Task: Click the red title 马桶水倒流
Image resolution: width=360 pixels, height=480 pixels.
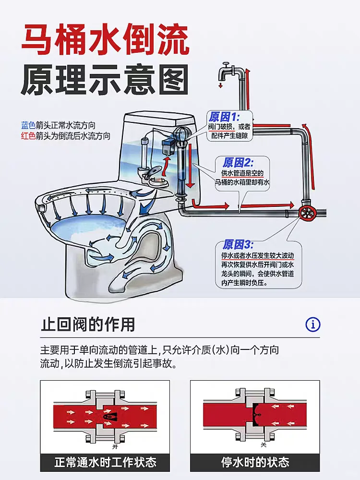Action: [106, 40]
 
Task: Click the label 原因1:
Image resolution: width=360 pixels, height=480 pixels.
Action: [224, 117]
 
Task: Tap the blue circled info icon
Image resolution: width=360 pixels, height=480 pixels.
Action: [313, 325]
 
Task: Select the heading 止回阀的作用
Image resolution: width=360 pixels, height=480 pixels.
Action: [88, 325]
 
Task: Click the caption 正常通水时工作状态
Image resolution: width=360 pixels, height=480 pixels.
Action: [105, 463]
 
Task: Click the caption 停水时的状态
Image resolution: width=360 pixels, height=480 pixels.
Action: [255, 463]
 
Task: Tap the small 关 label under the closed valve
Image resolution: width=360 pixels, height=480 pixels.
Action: [264, 444]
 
